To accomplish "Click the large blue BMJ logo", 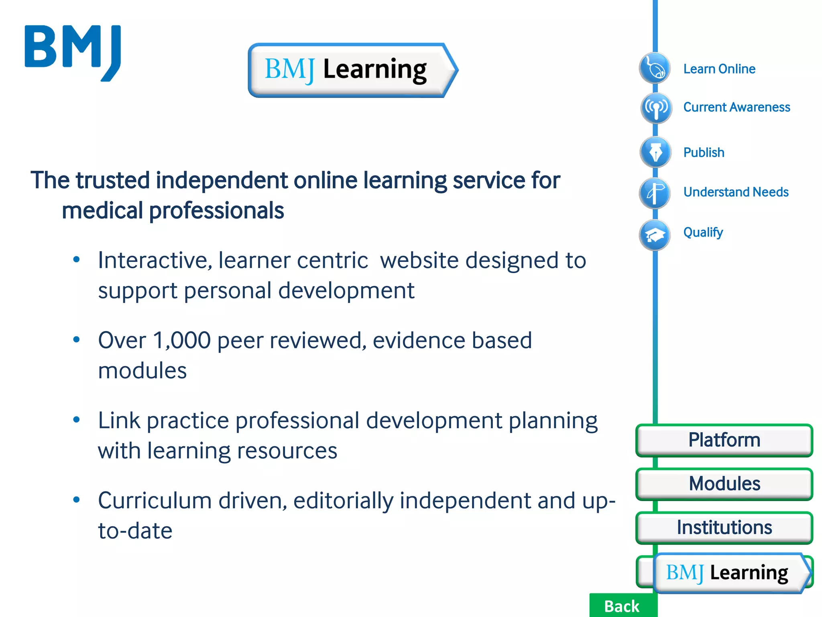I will tap(73, 52).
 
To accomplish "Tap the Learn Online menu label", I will tap(719, 69).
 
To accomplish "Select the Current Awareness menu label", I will tap(737, 107).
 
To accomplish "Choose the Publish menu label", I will tap(704, 153).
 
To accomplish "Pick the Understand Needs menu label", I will tap(736, 192).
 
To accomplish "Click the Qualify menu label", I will tap(703, 232).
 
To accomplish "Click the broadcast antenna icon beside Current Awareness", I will tap(656, 108).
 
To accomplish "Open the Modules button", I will tap(724, 484).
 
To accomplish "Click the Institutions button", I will tap(724, 527).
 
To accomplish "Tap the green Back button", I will tap(622, 606).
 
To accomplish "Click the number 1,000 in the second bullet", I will tap(182, 341).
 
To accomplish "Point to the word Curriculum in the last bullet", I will tap(155, 501).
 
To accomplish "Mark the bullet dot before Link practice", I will tap(77, 420).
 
